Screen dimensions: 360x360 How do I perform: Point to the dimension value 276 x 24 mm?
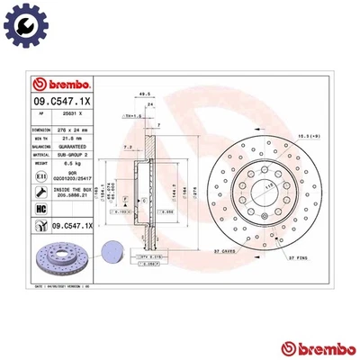pos(71,129)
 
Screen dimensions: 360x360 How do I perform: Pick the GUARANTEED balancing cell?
pos(71,145)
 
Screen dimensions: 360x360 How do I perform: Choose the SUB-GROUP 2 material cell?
pos(71,154)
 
